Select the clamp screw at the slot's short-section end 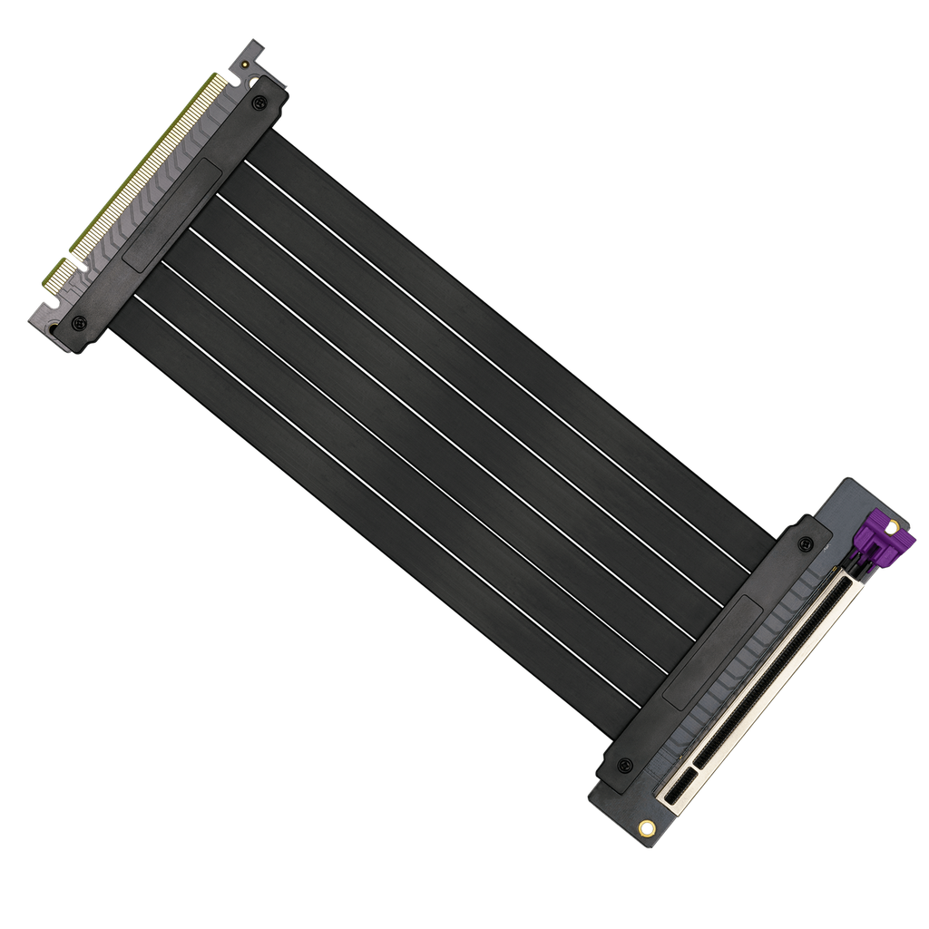point(625,767)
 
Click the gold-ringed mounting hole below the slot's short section point(647,827)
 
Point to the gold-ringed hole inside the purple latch point(893,526)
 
